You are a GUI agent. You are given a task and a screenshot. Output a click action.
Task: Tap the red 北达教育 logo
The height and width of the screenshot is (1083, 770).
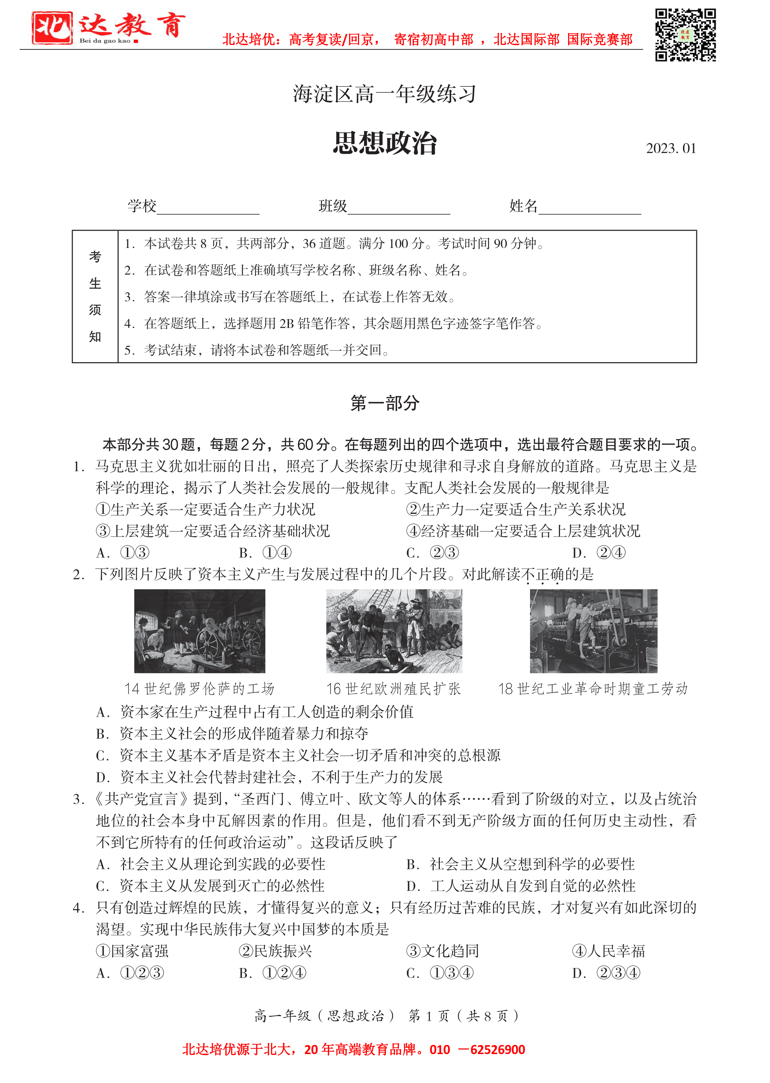click(x=108, y=28)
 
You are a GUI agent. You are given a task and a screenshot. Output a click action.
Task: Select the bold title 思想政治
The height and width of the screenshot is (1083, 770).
click(x=384, y=143)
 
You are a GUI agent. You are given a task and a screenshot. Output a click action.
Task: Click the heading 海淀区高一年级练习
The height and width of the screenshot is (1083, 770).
click(x=384, y=94)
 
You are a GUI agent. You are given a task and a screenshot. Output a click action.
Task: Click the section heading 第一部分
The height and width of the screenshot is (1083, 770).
click(x=384, y=403)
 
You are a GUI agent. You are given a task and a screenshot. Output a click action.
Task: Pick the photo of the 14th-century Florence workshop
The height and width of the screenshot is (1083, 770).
click(x=199, y=631)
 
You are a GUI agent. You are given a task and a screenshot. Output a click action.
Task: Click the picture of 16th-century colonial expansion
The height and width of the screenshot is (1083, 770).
click(x=394, y=631)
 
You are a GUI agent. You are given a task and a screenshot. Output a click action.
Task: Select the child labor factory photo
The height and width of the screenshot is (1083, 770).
click(x=593, y=631)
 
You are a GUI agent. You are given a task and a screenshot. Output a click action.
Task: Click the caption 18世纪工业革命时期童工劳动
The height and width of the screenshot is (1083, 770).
click(x=593, y=689)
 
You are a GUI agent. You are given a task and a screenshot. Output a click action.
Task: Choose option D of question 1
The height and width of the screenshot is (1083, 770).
click(x=599, y=553)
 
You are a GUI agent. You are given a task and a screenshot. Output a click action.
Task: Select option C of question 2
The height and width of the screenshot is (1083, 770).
click(x=299, y=755)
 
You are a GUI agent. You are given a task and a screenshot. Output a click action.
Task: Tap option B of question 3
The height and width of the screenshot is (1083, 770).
click(x=520, y=864)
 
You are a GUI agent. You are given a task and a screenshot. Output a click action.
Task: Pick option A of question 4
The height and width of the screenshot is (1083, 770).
click(x=130, y=973)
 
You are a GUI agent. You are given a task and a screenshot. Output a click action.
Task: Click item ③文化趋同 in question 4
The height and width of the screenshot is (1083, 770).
click(x=442, y=951)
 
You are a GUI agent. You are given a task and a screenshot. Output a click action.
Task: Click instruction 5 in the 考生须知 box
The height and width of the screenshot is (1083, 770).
click(x=256, y=350)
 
